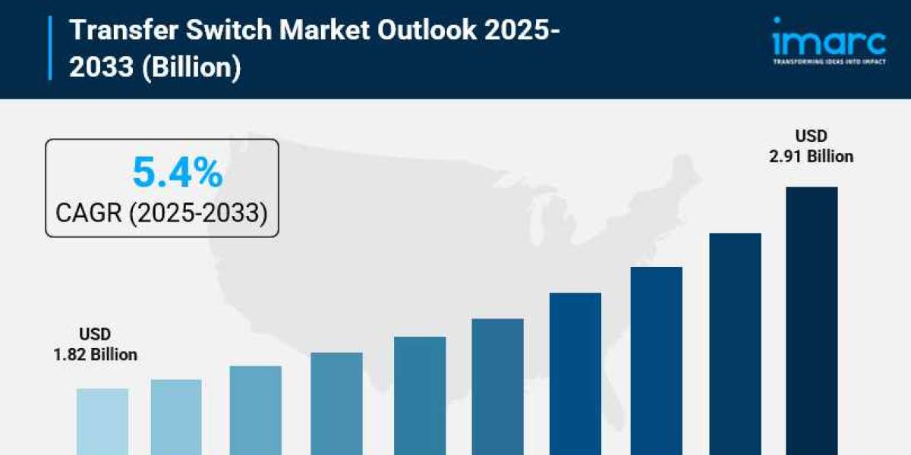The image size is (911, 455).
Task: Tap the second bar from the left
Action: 176,417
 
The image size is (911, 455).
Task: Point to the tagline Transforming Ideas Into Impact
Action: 828,61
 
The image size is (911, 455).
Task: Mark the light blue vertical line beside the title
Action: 51,47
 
